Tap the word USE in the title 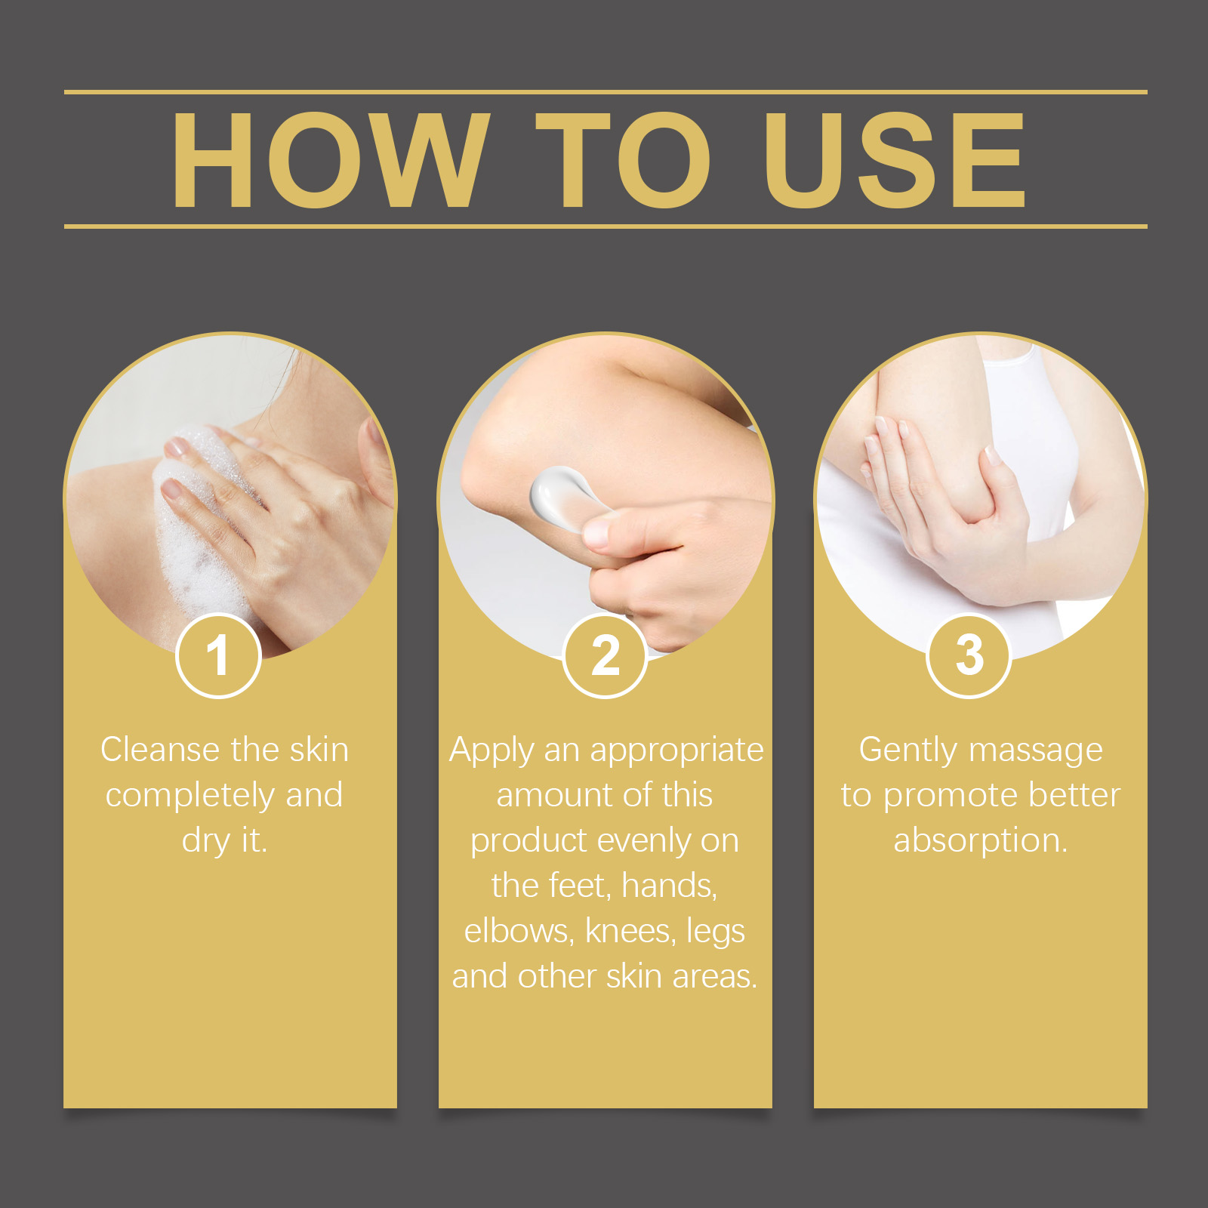[x=894, y=160]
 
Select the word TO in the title [x=623, y=160]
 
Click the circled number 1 [x=218, y=655]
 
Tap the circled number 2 [x=606, y=655]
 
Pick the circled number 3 [x=969, y=655]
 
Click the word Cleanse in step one [x=160, y=750]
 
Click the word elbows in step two [x=518, y=931]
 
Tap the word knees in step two [x=629, y=931]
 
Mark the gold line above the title [x=604, y=92]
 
